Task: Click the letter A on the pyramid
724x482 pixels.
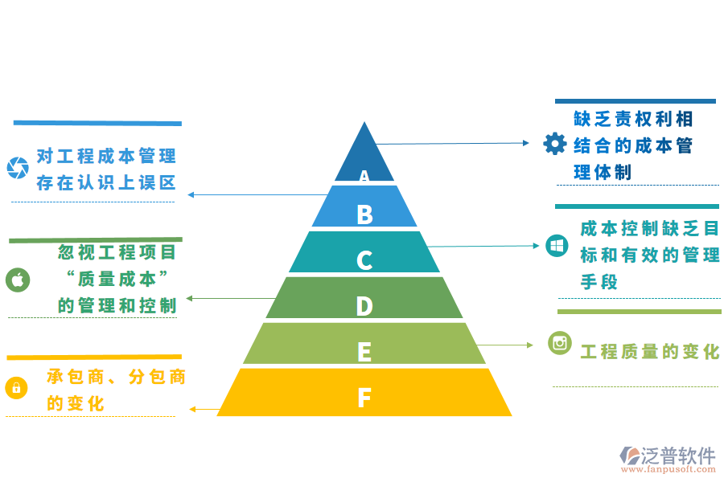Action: click(x=364, y=176)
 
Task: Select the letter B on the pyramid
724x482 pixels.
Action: click(x=364, y=214)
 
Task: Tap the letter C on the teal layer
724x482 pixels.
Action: click(x=364, y=260)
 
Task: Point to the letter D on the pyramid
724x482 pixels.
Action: click(x=364, y=306)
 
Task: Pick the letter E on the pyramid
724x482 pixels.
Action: click(x=364, y=352)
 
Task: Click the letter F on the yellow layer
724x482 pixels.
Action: click(x=364, y=397)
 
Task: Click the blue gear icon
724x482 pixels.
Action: click(x=555, y=144)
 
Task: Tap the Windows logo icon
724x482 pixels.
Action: click(x=557, y=246)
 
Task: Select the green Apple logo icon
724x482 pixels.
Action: click(x=18, y=280)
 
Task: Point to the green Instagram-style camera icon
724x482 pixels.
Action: click(x=560, y=343)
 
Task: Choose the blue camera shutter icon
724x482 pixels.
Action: click(x=18, y=168)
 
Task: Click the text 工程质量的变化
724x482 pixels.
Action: click(x=650, y=352)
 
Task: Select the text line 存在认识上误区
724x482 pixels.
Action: click(x=105, y=182)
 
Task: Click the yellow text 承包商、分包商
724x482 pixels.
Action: click(x=116, y=376)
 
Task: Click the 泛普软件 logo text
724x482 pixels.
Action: click(x=678, y=455)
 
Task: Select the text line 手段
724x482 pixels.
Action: click(x=599, y=282)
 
